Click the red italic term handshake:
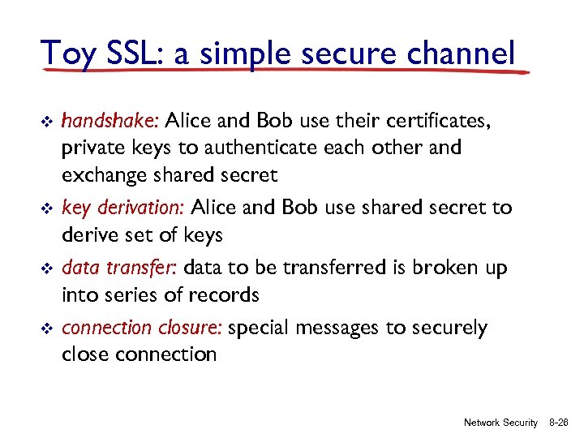110,122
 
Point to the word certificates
439,122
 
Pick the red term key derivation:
124,208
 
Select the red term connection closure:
143,328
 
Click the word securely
449,328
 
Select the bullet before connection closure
45,328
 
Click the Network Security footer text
500,423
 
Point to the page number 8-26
560,423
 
